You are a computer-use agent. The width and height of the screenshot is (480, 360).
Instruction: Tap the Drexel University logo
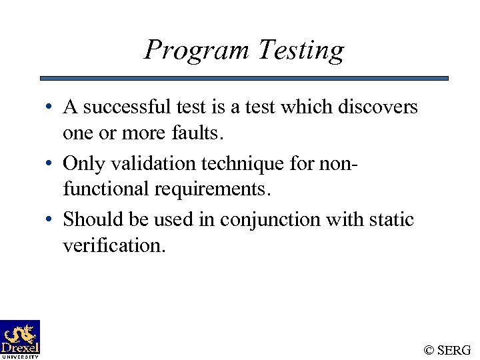[20, 339]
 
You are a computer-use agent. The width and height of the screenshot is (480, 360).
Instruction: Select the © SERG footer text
[447, 350]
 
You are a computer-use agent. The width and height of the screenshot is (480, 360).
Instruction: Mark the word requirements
[213, 189]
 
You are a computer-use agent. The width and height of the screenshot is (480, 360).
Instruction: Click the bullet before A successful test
[51, 107]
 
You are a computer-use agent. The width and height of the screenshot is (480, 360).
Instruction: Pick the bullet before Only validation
[51, 163]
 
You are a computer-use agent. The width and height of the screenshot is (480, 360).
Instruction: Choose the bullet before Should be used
[51, 219]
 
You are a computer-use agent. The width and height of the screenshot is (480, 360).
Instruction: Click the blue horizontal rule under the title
[244, 78]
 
